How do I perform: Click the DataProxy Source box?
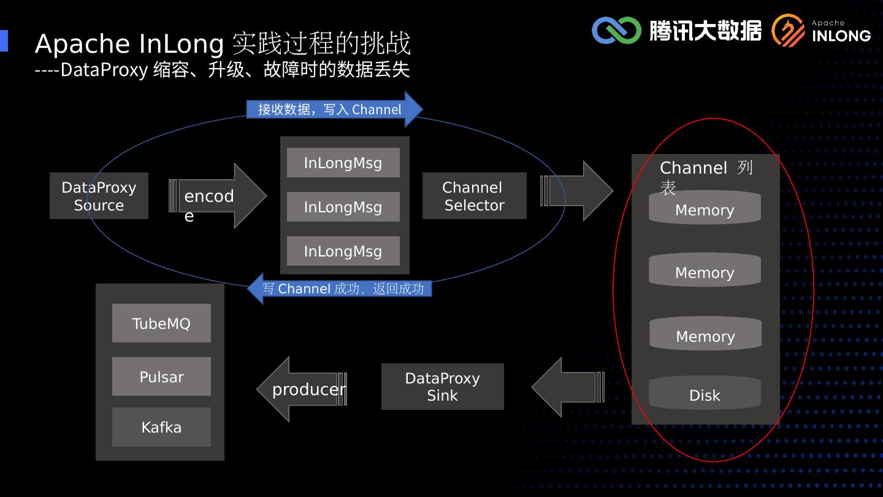[x=99, y=196]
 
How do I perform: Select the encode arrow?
[x=218, y=196]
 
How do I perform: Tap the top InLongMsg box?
[x=343, y=163]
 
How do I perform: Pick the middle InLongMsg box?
[x=343, y=207]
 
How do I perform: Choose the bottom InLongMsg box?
[x=343, y=251]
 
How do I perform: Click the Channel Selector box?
[x=474, y=196]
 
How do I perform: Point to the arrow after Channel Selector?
[x=576, y=191]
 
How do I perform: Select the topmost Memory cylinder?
[x=705, y=207]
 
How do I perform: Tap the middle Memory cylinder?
[x=705, y=270]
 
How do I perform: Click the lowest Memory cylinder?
[x=705, y=334]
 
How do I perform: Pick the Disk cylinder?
[x=705, y=393]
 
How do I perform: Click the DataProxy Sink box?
[x=442, y=387]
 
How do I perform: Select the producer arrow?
[x=302, y=389]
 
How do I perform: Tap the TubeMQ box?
[x=161, y=323]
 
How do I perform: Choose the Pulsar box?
[x=161, y=376]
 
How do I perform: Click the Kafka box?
[x=161, y=427]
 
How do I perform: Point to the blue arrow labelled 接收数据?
[x=335, y=109]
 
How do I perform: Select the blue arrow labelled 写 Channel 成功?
[x=340, y=289]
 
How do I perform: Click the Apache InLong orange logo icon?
[x=788, y=31]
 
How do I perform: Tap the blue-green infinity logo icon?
[x=616, y=30]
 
